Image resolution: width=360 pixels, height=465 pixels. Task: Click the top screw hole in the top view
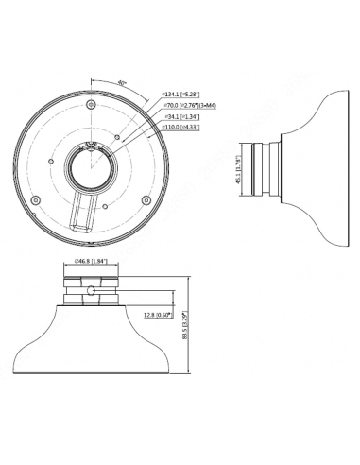(88, 103)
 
